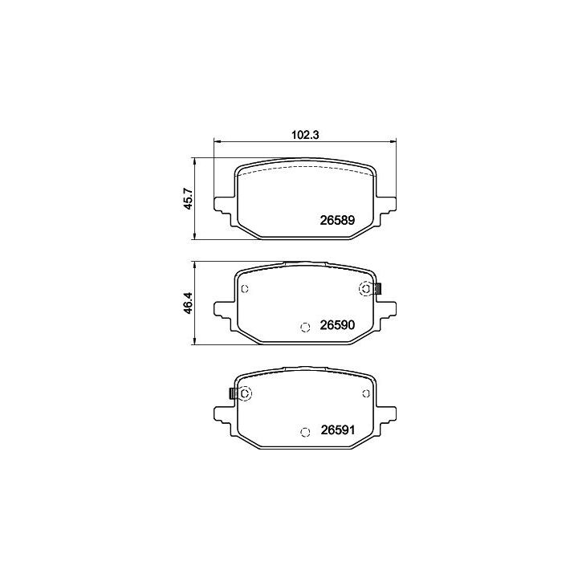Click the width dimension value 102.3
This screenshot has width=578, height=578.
pos(305,135)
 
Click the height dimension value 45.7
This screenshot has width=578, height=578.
pos(188,199)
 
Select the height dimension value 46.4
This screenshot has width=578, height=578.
pos(188,303)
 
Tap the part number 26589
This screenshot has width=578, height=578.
pos(337,220)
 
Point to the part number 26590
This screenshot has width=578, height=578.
pos(337,325)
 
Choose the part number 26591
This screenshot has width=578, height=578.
pos(337,429)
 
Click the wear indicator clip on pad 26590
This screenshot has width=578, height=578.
pos(377,289)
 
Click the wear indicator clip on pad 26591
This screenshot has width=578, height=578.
pos(233,393)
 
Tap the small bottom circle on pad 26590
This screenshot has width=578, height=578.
pos(305,327)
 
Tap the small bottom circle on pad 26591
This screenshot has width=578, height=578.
pos(305,432)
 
